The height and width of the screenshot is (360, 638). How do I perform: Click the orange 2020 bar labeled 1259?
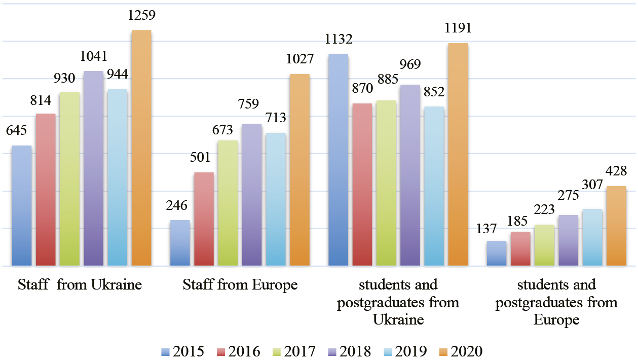pos(141,148)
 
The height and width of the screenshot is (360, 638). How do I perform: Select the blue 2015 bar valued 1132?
pos(338,160)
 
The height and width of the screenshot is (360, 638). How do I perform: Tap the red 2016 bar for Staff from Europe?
pos(204,219)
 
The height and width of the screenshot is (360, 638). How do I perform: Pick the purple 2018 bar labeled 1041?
pos(93,168)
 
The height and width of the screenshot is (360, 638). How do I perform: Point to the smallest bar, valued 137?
pos(496,253)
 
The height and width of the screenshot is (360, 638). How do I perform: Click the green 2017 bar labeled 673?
pos(228,203)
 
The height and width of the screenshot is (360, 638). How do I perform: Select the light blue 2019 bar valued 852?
pos(434,186)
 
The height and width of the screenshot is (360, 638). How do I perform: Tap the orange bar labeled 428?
pos(616,226)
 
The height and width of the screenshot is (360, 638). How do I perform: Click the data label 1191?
pos(458,28)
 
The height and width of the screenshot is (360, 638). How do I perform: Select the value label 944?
pos(117,75)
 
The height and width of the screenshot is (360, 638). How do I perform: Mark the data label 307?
pos(592,195)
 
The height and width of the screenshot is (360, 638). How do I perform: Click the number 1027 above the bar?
pos(299,59)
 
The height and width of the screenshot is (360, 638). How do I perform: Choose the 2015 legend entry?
pos(182,351)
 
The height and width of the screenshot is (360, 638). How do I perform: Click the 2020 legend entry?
pos(460,351)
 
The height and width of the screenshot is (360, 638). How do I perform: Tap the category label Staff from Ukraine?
pos(80,285)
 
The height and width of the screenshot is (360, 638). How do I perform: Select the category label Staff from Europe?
pos(240,285)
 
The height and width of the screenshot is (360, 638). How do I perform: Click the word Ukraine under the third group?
pos(398,320)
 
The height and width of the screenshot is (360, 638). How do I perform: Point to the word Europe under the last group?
pos(556,320)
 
